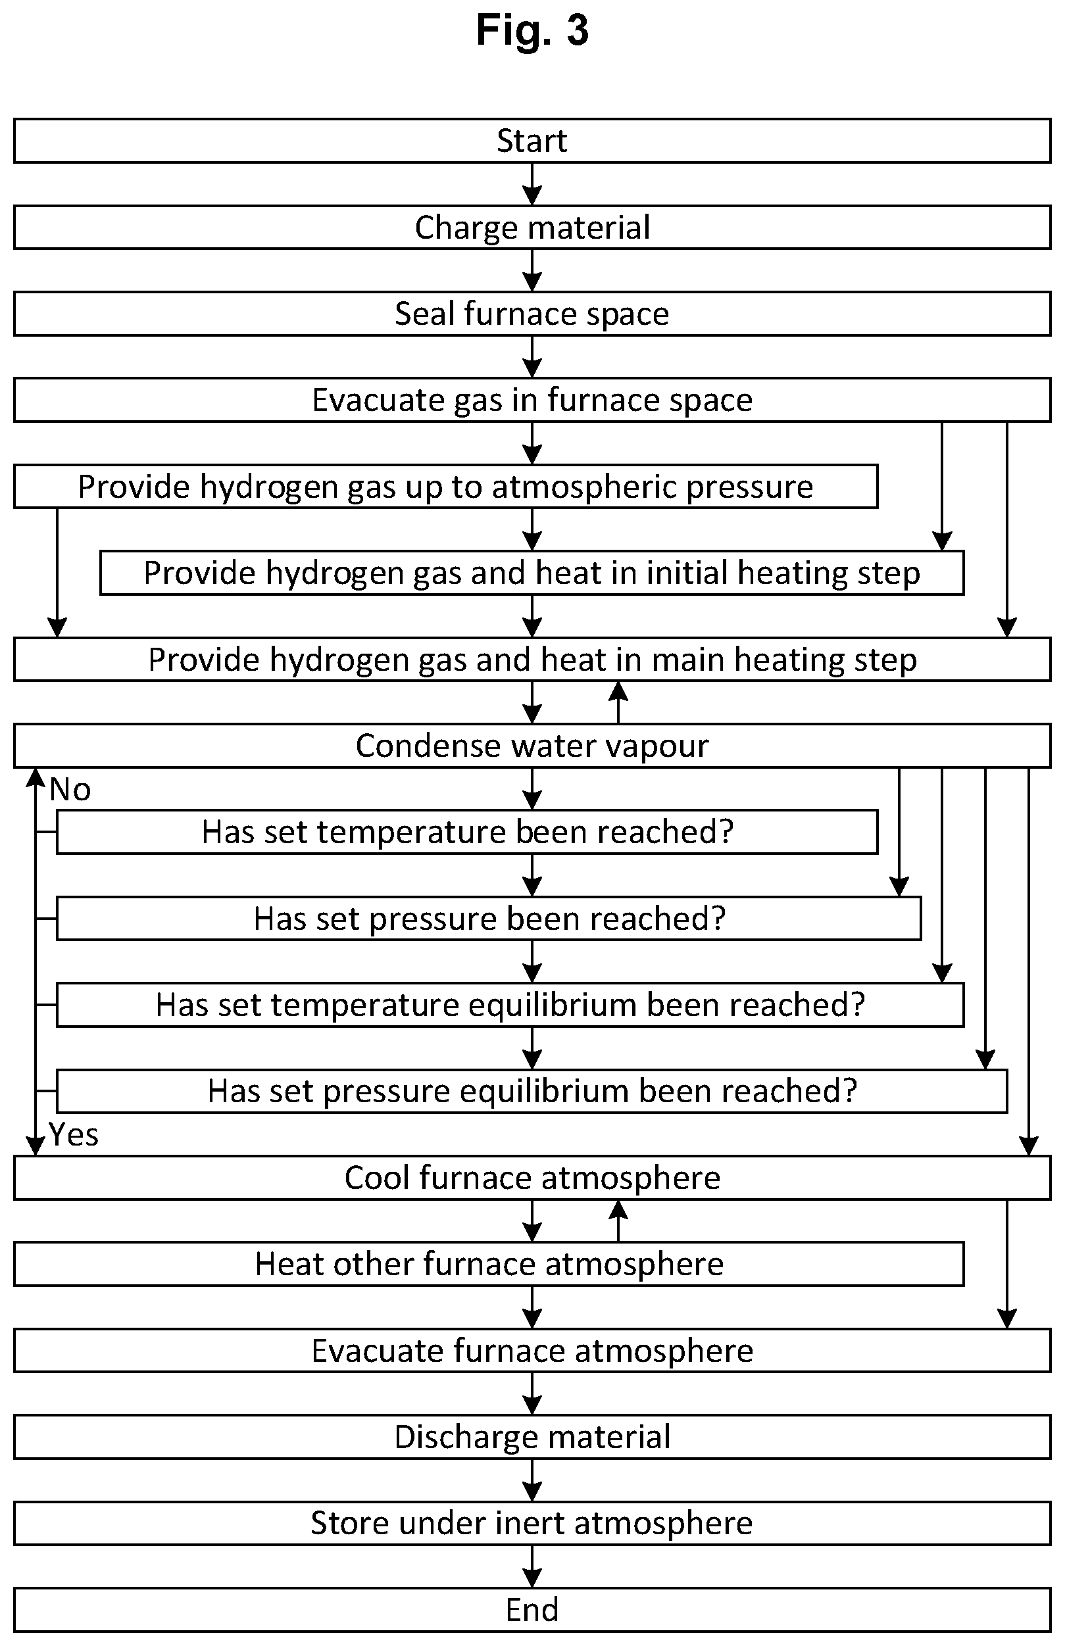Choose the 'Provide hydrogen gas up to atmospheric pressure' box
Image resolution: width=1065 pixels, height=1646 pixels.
445,487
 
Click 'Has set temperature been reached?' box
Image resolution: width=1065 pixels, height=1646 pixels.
468,833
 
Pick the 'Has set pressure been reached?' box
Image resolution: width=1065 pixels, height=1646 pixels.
489,919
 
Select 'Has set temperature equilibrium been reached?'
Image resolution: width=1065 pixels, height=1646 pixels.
510,1005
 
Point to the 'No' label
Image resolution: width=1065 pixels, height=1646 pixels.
70,790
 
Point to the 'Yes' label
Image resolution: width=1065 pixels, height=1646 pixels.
73,1135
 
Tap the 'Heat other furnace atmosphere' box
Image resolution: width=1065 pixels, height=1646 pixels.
489,1265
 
